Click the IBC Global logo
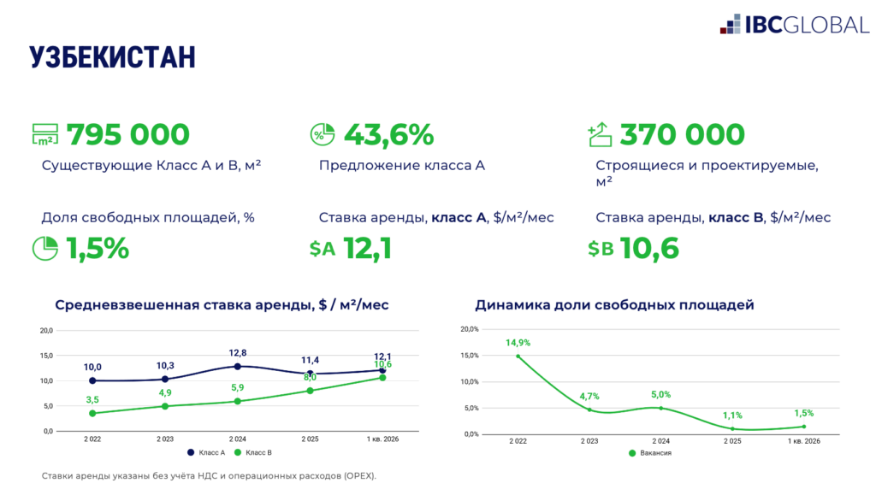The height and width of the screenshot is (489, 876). (794, 25)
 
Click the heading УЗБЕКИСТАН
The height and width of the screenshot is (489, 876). (112, 57)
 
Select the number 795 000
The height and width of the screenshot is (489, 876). (127, 135)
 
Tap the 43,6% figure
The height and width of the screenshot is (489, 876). (388, 135)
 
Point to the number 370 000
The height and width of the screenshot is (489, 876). (682, 135)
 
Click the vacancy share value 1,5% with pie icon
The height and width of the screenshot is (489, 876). (98, 248)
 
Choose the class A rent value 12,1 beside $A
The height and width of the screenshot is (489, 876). (367, 248)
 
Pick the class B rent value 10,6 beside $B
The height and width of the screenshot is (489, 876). (649, 248)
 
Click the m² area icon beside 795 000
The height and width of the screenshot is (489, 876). (45, 135)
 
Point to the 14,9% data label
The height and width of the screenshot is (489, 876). (517, 344)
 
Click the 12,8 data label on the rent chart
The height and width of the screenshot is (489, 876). (238, 353)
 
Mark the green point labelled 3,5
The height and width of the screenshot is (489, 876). (92, 413)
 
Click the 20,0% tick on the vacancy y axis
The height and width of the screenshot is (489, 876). (470, 329)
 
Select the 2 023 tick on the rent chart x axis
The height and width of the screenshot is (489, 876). (165, 438)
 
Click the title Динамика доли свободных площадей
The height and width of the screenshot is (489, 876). (614, 304)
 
